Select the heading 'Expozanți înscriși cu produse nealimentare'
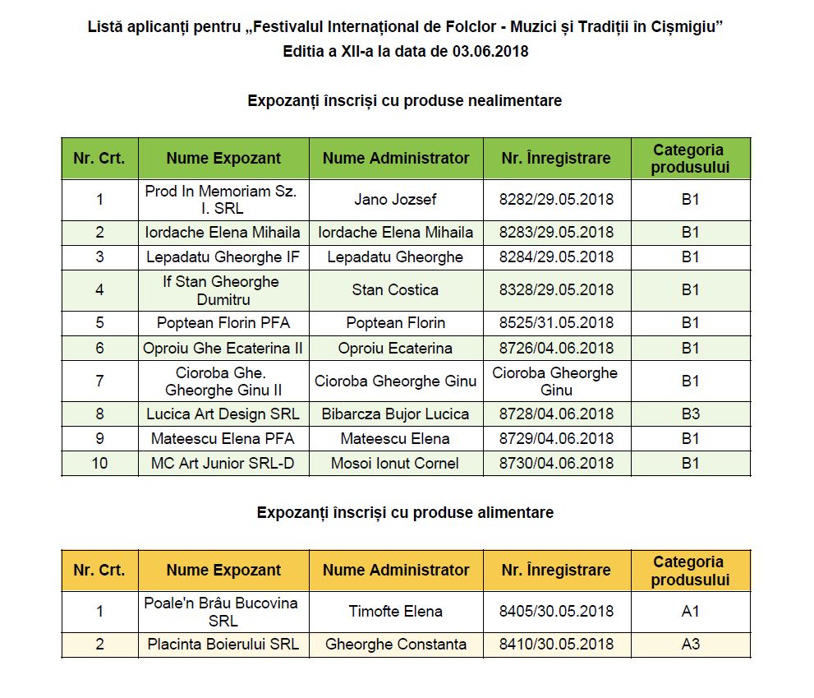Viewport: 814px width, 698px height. pos(405,100)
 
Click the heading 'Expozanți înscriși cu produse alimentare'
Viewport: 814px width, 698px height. pos(405,512)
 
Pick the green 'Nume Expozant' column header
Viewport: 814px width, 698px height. pos(223,159)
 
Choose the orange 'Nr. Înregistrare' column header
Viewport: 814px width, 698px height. pos(556,570)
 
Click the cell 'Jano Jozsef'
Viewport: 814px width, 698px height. pos(395,200)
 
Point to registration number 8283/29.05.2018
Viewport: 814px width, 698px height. pos(556,233)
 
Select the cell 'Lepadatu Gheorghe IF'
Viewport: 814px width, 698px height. pos(223,257)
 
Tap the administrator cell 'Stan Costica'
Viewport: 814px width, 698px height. pos(395,290)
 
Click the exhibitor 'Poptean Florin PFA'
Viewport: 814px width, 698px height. pos(223,323)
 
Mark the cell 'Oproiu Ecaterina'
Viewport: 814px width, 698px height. pos(395,348)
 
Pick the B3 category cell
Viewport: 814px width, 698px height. pos(690,414)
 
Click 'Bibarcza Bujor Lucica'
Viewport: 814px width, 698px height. pos(395,414)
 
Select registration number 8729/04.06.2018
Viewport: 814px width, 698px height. pos(556,438)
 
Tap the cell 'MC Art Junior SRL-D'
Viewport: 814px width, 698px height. pos(223,463)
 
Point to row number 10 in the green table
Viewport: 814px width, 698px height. pos(99,463)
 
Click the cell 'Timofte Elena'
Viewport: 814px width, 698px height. pos(395,611)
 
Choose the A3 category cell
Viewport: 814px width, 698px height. pos(690,644)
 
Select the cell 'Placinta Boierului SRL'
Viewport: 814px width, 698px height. pos(223,644)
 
